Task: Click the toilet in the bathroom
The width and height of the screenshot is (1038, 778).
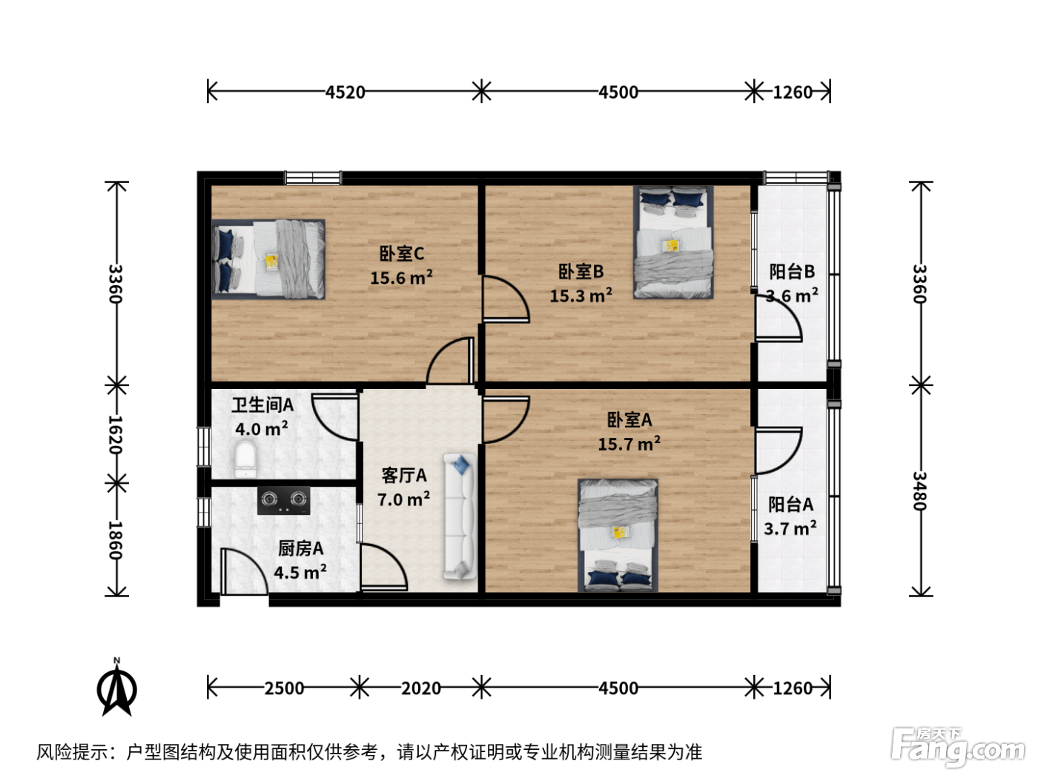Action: coord(245,459)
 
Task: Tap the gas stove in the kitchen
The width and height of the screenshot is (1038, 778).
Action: coord(283,499)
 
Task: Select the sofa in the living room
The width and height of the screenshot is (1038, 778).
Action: coord(459,516)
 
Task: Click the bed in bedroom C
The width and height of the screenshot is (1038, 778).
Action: coord(268,259)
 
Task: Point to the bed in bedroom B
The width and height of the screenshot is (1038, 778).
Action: coord(673,242)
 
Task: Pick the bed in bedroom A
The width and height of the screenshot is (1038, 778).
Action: coord(618,535)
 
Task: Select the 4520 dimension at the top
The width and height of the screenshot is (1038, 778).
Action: coord(345,92)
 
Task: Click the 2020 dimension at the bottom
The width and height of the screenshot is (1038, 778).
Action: coord(421,688)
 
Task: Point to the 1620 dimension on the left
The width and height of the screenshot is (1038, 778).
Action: coord(116,435)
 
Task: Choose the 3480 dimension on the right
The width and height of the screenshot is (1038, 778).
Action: coord(919,491)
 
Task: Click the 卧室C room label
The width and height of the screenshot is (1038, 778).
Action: coord(402,253)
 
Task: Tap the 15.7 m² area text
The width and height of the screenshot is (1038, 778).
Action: coord(629,444)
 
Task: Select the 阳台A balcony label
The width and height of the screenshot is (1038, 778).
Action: coord(790,505)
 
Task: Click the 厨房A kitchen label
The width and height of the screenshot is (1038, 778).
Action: coord(300,548)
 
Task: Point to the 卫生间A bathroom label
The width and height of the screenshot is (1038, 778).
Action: coord(262,405)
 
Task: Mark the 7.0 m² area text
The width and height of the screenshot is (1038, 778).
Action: coord(403,499)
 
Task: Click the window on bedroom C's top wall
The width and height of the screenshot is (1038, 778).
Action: coord(313,178)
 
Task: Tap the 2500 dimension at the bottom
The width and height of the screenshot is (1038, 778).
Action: coord(284,688)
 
